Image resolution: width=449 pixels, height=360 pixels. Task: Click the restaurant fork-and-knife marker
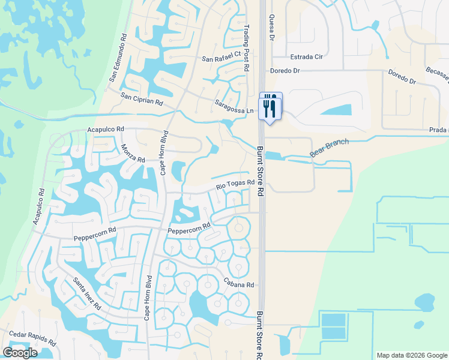[270, 106]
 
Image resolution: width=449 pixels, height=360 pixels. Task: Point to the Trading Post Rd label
[246, 48]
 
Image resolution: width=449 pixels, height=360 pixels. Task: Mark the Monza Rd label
[133, 154]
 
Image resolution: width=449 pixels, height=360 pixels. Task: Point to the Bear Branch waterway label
[328, 149]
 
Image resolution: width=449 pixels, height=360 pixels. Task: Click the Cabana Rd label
[240, 284]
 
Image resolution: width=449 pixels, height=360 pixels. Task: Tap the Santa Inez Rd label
[86, 293]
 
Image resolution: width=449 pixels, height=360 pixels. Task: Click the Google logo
[20, 353]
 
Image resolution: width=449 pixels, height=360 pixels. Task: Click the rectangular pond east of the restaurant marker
[339, 110]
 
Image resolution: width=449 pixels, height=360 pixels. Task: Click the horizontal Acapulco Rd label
[105, 129]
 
